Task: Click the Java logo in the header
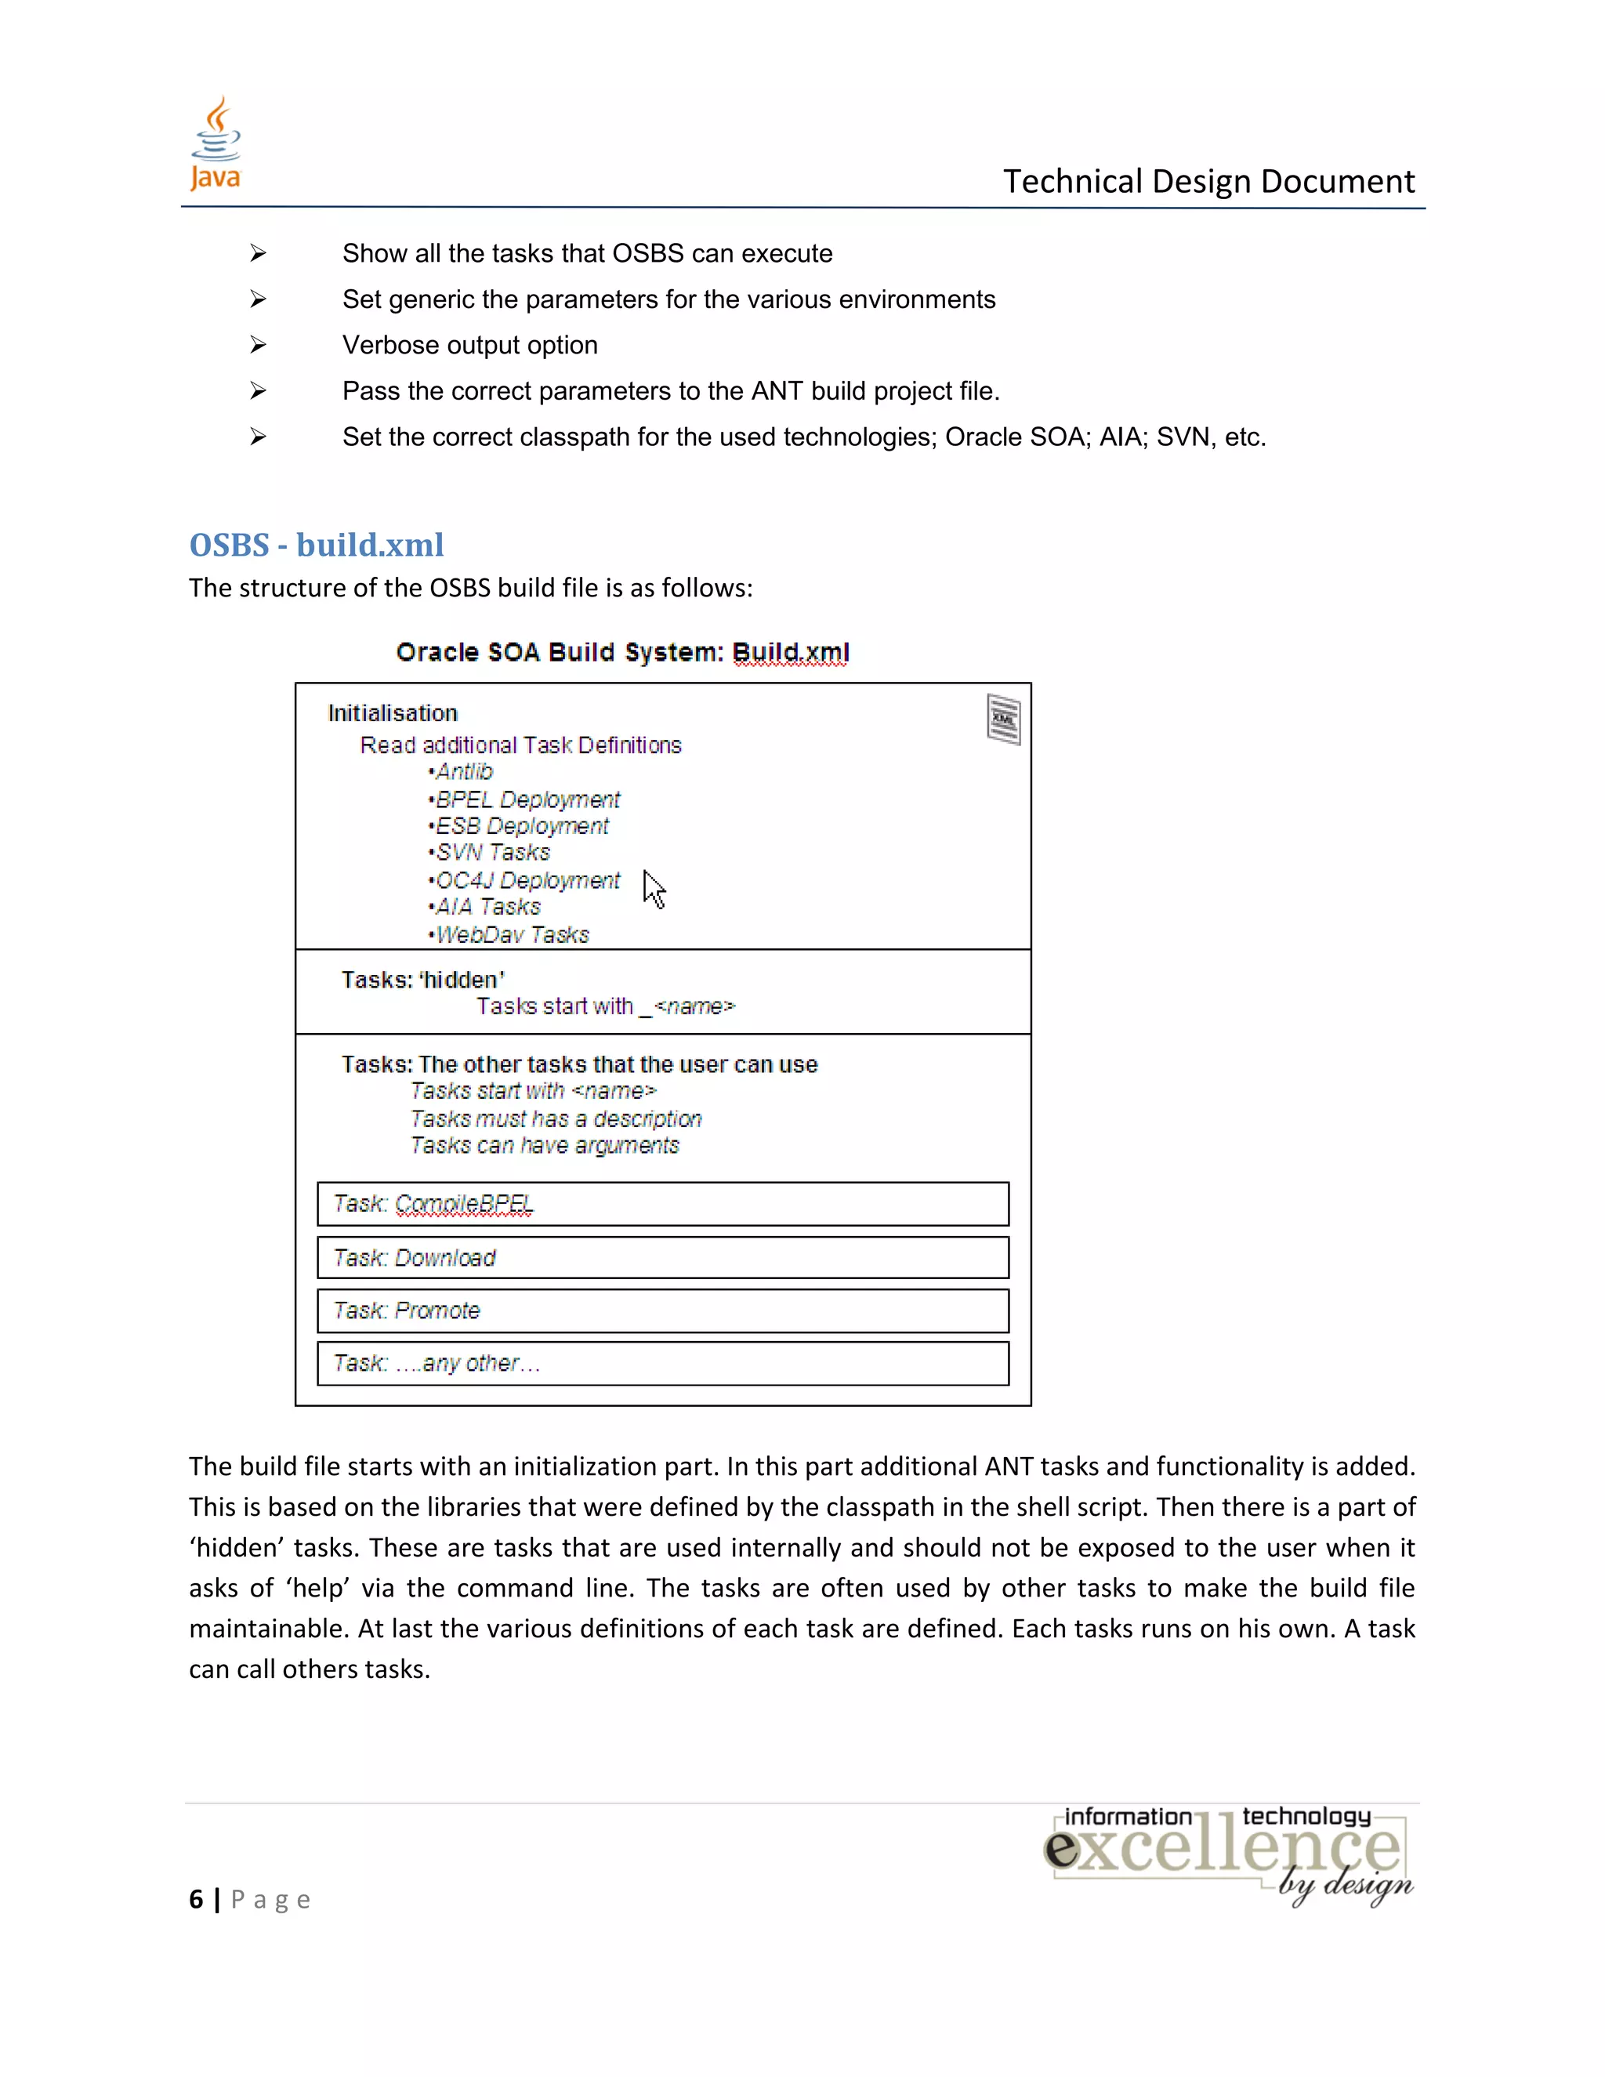(216, 144)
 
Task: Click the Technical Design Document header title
(1208, 181)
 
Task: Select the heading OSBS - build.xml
(317, 545)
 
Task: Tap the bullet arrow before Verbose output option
(258, 345)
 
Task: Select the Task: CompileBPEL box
(663, 1204)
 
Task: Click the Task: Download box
(663, 1257)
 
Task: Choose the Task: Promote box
(663, 1310)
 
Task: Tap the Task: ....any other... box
(663, 1363)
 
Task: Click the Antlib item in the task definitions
(464, 771)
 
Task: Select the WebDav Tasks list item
(512, 935)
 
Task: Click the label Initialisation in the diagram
(393, 713)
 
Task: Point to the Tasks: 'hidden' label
(423, 980)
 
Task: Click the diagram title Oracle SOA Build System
(623, 652)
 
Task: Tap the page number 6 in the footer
(196, 1899)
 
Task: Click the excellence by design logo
(1229, 1854)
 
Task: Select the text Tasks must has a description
(556, 1119)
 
